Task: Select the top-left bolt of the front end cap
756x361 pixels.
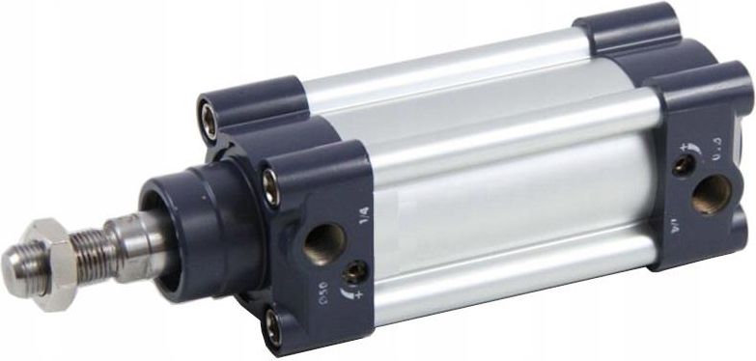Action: click(209, 115)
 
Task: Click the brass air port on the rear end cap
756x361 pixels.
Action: click(711, 192)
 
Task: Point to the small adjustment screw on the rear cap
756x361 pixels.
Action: click(684, 166)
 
